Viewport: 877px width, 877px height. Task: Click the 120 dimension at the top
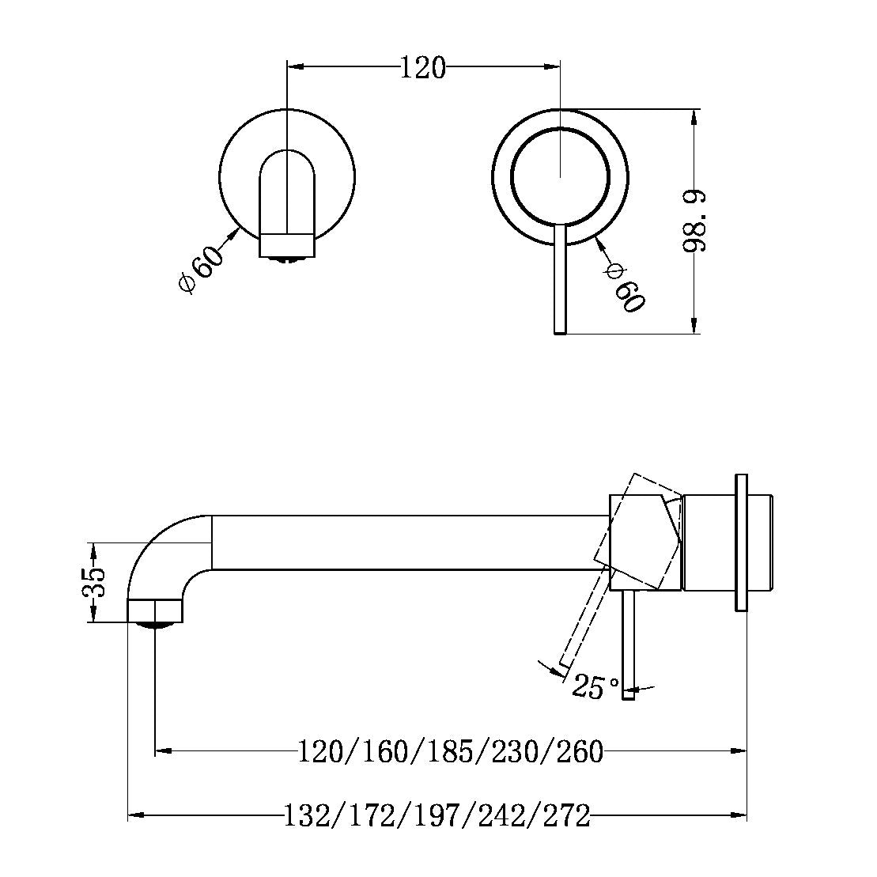tap(423, 68)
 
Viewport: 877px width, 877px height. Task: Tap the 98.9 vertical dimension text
tap(695, 221)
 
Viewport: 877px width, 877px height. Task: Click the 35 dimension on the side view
tap(94, 584)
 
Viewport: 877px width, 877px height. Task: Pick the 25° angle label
tap(595, 686)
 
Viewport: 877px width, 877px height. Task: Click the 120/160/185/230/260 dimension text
tap(450, 750)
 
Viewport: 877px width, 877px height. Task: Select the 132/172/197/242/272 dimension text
tap(437, 815)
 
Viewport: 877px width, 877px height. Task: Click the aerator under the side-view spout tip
tap(155, 626)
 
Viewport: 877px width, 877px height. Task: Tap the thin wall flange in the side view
tap(741, 542)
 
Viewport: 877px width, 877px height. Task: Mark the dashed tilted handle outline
tap(581, 617)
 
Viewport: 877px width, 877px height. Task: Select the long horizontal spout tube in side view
tap(403, 542)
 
